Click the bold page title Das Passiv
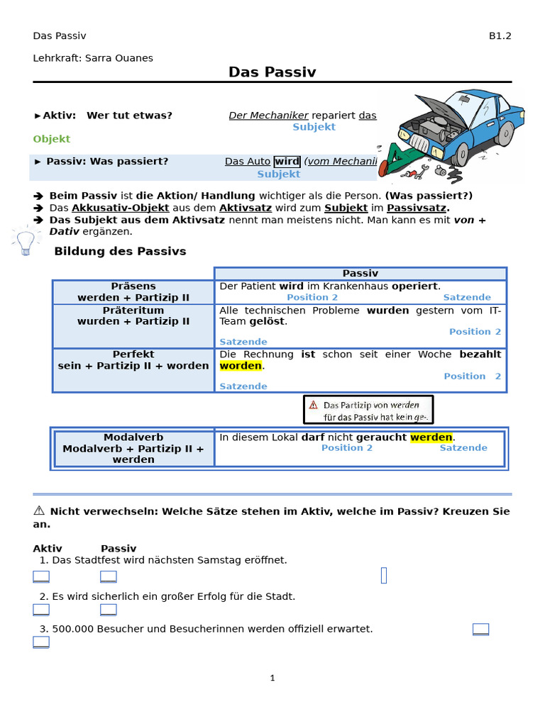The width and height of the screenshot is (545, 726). coord(272,72)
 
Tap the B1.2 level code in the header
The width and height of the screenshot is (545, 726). coord(500,36)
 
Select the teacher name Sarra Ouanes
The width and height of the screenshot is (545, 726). coord(119,58)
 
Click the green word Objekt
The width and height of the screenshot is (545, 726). coord(52,139)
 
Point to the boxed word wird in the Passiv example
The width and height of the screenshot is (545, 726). coord(287,162)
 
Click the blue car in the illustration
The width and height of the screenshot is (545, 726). coord(461,128)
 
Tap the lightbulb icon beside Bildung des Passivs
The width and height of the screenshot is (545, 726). coord(25,242)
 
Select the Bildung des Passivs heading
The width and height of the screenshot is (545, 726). coord(120,252)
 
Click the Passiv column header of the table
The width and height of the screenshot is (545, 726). coord(360,273)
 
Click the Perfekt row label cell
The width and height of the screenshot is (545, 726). coord(133,360)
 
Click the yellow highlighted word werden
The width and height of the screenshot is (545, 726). coord(431,437)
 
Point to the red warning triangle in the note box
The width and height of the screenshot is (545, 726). coord(313,405)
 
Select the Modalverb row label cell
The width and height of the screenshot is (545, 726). coord(133,448)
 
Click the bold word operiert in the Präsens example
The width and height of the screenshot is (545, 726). coord(415,286)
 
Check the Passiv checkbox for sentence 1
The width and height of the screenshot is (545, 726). coord(109,576)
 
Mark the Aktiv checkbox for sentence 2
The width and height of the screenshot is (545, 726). coord(41,610)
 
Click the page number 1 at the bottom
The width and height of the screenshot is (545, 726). coord(272,678)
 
